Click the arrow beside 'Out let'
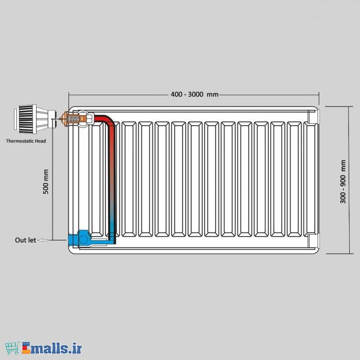pos(45,240)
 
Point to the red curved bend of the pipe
pos(105,120)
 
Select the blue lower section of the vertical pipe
pos(112,226)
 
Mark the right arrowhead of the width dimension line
pos(317,95)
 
